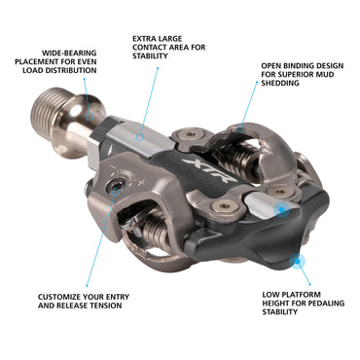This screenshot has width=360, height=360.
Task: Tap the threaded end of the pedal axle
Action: [49, 108]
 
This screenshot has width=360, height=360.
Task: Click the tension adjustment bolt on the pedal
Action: [117, 187]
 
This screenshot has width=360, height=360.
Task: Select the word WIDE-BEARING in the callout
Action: [69, 53]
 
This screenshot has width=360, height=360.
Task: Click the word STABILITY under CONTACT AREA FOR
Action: [150, 55]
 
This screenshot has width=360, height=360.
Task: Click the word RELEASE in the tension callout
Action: [72, 306]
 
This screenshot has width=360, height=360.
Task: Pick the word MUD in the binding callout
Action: [326, 74]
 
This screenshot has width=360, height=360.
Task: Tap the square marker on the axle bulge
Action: [90, 116]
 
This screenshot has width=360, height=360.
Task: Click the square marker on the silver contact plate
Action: [139, 137]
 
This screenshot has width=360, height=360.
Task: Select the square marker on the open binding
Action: [240, 128]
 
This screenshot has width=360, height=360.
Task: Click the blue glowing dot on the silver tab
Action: [281, 210]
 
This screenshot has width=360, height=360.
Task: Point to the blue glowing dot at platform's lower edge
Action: [298, 262]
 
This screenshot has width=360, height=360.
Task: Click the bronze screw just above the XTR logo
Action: [190, 134]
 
